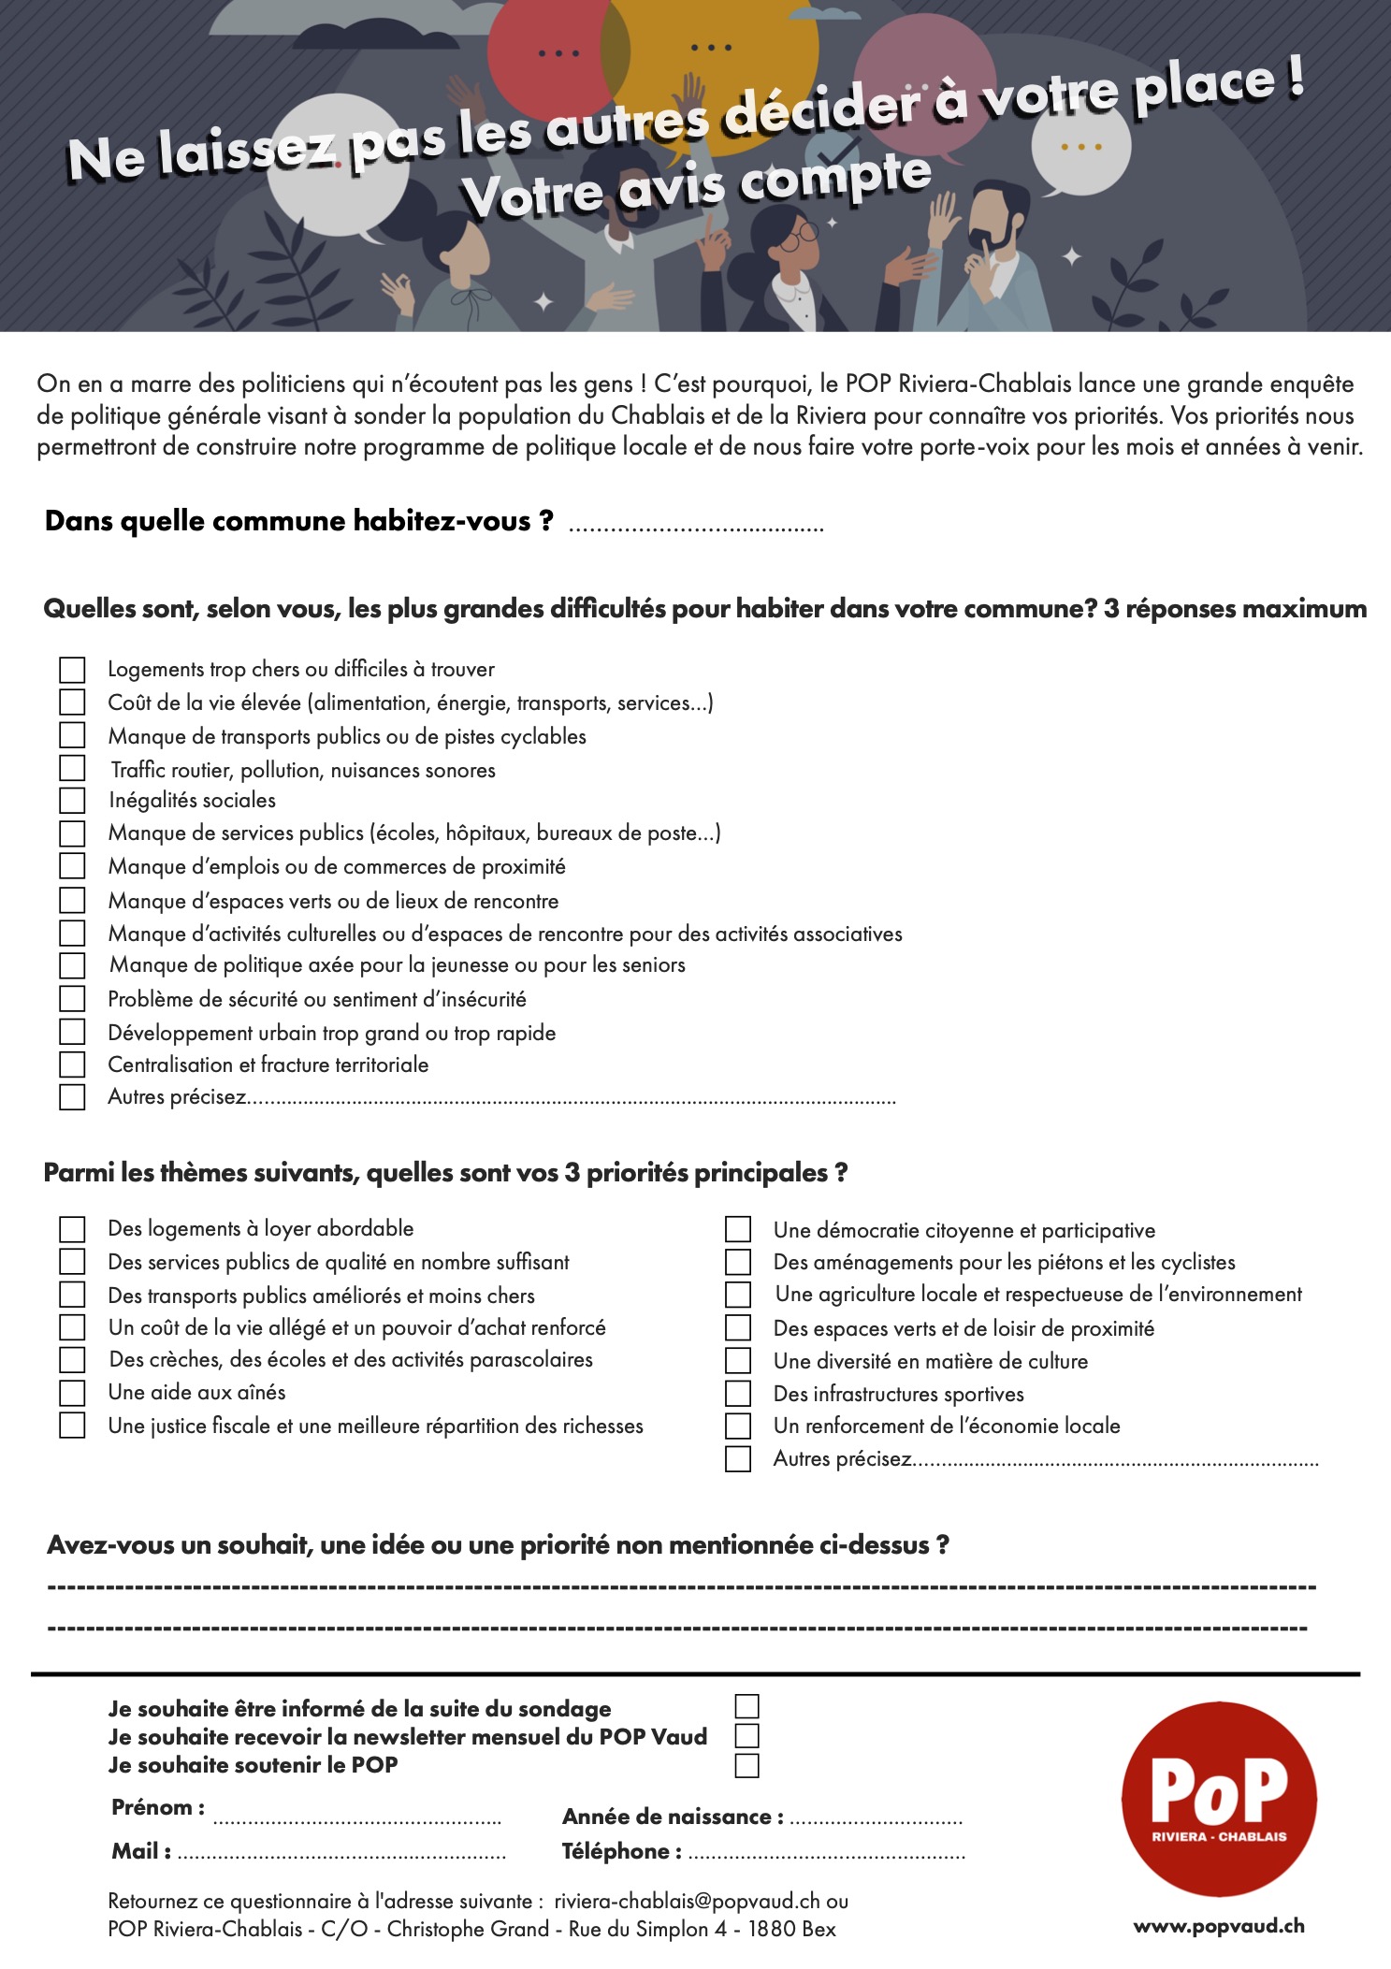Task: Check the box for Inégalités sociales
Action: pos(72,801)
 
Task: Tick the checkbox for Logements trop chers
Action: pos(72,670)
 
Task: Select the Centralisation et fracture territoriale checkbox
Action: pos(72,1064)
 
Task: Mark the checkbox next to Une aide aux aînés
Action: pos(72,1393)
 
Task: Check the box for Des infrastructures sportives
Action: pos(738,1394)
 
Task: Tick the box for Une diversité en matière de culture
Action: pos(738,1361)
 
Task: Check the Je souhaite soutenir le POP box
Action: pos(746,1765)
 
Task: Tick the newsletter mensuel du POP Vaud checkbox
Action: pos(746,1736)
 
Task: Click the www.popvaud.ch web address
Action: pos(1219,1925)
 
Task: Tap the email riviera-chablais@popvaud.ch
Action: pos(688,1901)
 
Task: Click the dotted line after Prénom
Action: pos(356,1818)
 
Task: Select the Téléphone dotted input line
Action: pos(826,1854)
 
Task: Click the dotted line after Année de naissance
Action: pos(876,1819)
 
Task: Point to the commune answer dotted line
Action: pos(696,528)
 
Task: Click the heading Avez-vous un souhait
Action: pos(498,1544)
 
